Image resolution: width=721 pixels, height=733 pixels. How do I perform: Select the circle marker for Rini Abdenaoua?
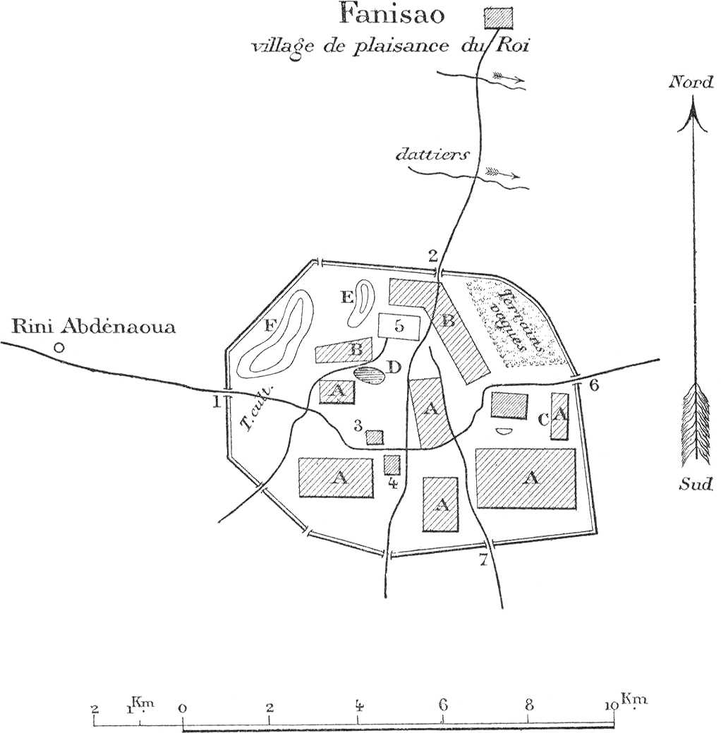click(x=59, y=347)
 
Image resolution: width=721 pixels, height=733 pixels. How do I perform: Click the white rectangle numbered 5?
click(x=400, y=326)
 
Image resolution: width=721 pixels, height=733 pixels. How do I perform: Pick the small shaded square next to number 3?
click(x=375, y=437)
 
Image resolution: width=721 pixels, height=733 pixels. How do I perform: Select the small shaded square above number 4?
click(x=392, y=464)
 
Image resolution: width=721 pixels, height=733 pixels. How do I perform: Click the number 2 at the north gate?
click(x=433, y=256)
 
